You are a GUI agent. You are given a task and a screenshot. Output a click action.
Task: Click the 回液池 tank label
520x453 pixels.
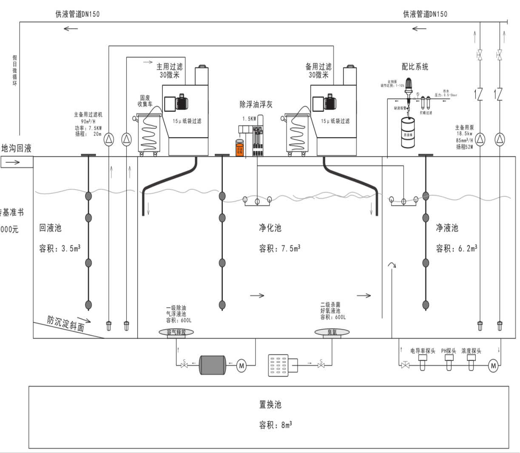point(50,228)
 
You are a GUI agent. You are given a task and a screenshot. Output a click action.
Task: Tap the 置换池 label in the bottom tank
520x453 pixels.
point(270,405)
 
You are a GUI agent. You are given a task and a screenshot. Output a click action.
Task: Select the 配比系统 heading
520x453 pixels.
point(415,67)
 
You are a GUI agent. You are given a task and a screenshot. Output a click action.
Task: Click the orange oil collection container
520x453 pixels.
point(240,149)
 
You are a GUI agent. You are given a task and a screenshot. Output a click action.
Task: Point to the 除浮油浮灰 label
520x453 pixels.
point(256,105)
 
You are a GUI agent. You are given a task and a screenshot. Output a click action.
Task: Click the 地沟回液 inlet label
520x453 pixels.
point(17,148)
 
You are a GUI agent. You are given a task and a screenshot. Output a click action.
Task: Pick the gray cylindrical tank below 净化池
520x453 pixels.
point(213,365)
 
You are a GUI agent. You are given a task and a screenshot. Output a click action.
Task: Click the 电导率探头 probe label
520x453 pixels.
point(423,351)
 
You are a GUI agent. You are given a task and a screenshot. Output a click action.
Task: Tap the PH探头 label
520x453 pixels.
point(449,351)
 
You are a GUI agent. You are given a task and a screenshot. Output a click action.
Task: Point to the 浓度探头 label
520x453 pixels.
point(471,351)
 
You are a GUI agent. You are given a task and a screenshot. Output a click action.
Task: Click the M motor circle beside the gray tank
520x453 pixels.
point(241,365)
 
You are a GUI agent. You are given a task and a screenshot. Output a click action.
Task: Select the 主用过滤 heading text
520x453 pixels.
point(170,67)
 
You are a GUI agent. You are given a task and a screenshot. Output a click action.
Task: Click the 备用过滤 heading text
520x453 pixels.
point(318,67)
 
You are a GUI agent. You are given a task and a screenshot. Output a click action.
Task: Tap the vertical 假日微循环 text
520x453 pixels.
point(15,71)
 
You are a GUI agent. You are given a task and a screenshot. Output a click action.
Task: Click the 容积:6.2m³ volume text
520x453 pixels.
point(456,249)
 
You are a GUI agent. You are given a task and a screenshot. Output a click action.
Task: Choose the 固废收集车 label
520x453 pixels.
point(145,101)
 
